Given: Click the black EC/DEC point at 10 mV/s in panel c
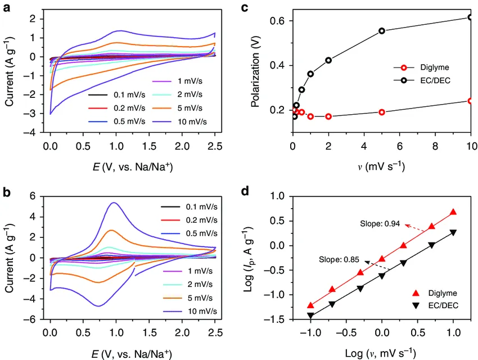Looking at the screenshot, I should pyautogui.click(x=471, y=17).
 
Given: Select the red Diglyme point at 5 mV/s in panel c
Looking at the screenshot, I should pyautogui.click(x=382, y=112).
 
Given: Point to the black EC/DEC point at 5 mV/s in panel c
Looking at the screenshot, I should pyautogui.click(x=382, y=31).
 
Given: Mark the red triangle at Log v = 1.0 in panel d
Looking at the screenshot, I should pyautogui.click(x=453, y=212).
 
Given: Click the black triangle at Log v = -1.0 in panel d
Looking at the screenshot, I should pyautogui.click(x=310, y=316).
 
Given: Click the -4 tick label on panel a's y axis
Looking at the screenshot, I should pyautogui.click(x=33, y=132).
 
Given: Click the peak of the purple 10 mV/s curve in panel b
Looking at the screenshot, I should pyautogui.click(x=114, y=202).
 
